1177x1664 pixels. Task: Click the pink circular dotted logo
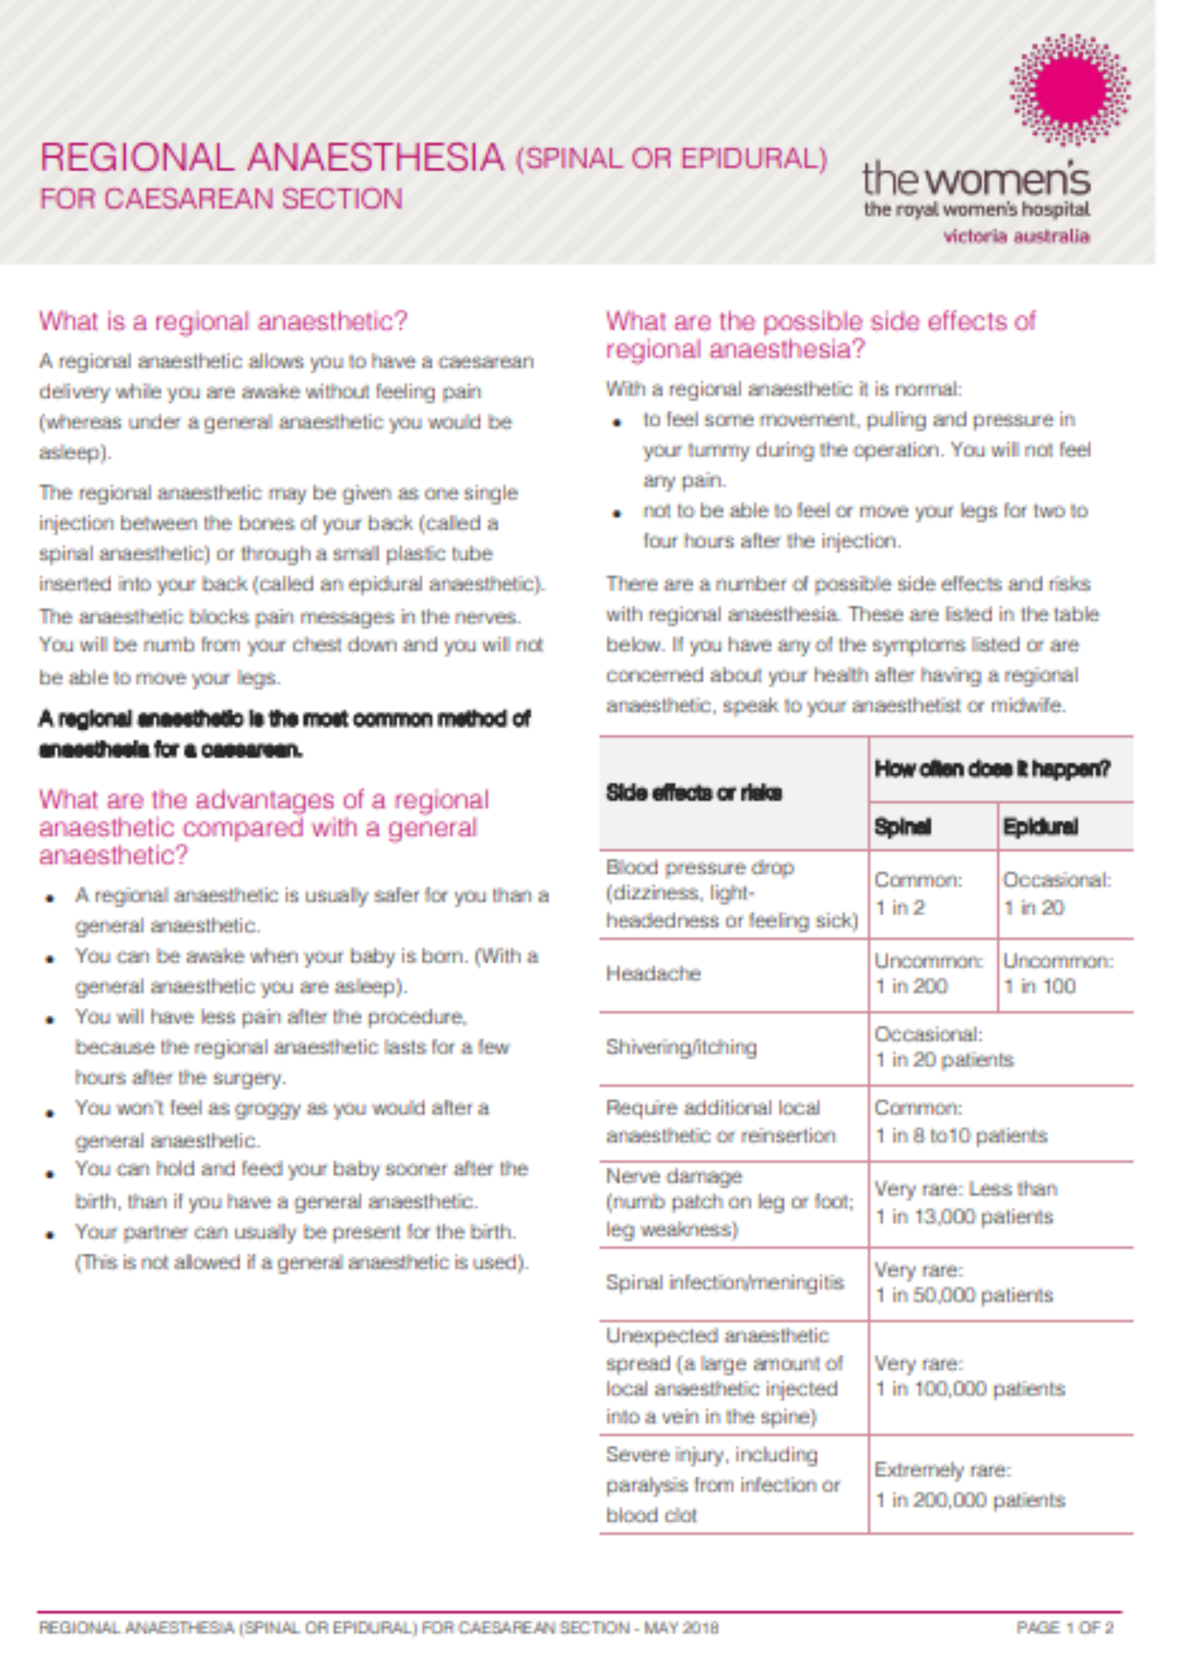(x=1070, y=88)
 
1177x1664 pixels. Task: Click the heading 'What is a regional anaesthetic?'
(x=223, y=321)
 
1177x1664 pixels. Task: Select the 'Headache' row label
(x=653, y=973)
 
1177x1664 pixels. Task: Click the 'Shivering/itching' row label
(x=682, y=1047)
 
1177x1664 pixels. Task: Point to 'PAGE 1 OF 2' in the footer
(x=1064, y=1628)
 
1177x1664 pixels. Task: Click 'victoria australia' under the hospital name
(x=1015, y=236)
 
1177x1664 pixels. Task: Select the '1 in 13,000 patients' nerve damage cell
(x=964, y=1203)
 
